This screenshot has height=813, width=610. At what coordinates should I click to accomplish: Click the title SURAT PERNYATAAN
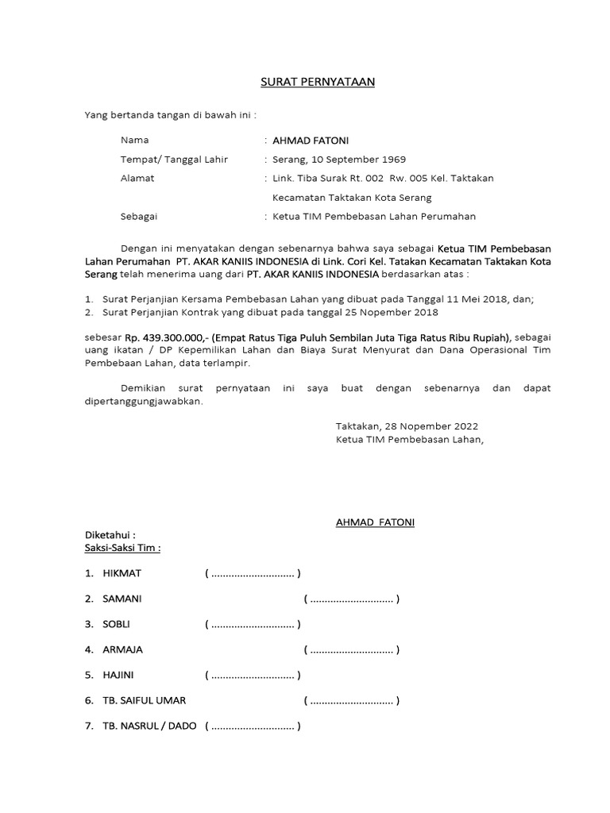coord(318,82)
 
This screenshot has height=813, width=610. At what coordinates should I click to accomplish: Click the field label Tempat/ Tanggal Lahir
coord(174,160)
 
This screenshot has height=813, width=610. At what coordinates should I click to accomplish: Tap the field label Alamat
coord(137,179)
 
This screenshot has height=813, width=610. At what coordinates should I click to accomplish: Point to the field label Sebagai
coord(139,217)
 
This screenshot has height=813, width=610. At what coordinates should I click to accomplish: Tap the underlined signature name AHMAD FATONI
coord(375,522)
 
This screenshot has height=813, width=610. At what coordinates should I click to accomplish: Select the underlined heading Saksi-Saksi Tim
coord(122,548)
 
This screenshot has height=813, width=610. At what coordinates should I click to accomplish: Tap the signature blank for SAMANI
coord(351,599)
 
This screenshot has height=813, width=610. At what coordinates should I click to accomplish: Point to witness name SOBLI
coord(116,625)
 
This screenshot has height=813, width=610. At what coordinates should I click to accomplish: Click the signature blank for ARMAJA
coord(351,650)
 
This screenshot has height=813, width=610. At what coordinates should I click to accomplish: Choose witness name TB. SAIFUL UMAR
coord(144,701)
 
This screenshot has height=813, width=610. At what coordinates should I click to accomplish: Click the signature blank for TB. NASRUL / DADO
coord(253,726)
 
